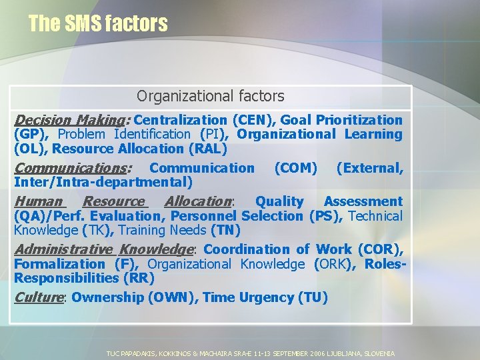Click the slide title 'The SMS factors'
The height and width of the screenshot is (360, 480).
tap(98, 23)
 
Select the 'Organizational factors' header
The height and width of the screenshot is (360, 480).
tap(210, 97)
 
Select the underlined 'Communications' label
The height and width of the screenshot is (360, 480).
tap(72, 167)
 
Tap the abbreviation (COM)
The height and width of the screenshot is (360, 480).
tap(296, 167)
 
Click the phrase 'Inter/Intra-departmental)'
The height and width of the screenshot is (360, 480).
tap(103, 182)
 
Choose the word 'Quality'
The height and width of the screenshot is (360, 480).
tap(279, 201)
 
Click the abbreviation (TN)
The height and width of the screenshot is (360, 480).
tap(225, 231)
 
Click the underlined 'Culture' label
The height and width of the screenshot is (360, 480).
tap(38, 297)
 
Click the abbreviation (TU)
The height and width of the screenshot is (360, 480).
tap(313, 297)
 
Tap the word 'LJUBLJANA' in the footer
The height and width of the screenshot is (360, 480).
tap(339, 353)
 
